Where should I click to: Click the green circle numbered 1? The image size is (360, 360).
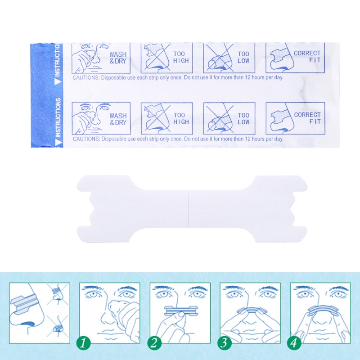(83, 343)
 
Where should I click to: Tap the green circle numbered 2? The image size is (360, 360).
(153, 343)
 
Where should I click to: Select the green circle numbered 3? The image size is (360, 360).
(224, 343)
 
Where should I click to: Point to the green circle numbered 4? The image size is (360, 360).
(294, 343)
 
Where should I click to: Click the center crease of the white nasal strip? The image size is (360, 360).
(188, 209)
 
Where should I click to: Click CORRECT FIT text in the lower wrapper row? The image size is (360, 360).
(307, 118)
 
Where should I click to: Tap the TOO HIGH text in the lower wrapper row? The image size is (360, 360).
(181, 118)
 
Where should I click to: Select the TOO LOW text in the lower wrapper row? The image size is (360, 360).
(243, 118)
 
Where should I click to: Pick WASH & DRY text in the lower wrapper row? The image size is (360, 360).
(118, 119)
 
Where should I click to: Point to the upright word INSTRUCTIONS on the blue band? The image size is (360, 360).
(58, 117)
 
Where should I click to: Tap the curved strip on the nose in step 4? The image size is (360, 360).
(320, 310)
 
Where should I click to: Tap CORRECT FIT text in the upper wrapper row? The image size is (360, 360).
(307, 57)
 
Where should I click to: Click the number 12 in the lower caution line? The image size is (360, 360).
(247, 139)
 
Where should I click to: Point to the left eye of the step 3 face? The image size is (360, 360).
(233, 294)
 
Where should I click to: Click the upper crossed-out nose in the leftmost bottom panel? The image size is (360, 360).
(58, 293)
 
